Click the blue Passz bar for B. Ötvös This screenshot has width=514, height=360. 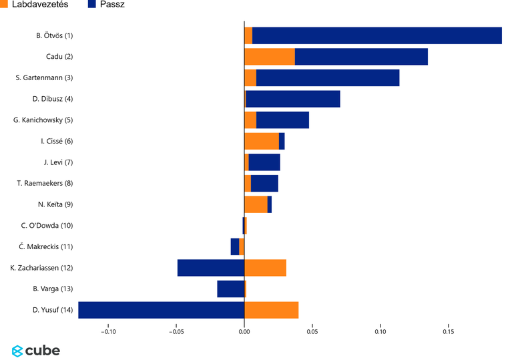(376, 36)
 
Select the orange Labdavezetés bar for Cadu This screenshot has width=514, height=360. (270, 57)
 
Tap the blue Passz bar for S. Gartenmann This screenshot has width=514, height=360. (327, 78)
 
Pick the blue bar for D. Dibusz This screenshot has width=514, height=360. (292, 99)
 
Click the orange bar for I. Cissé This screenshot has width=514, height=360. (262, 141)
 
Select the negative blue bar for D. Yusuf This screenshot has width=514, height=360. (161, 310)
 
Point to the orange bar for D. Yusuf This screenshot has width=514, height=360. (271, 310)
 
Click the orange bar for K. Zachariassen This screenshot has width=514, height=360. (265, 268)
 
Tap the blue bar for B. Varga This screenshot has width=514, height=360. (230, 289)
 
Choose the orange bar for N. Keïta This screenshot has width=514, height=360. (256, 204)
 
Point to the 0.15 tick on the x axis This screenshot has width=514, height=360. (449, 331)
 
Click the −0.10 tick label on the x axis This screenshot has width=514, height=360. (107, 331)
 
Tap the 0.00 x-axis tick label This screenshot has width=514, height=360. (244, 331)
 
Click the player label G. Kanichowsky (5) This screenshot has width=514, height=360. (43, 120)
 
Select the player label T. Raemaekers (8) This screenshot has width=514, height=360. (45, 183)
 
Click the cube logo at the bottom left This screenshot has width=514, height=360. (36, 351)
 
